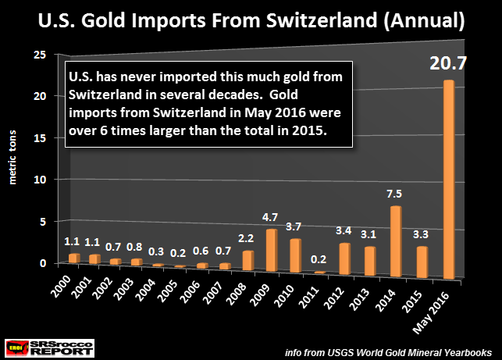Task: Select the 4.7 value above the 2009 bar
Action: (270, 218)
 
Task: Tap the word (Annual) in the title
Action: (425, 20)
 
